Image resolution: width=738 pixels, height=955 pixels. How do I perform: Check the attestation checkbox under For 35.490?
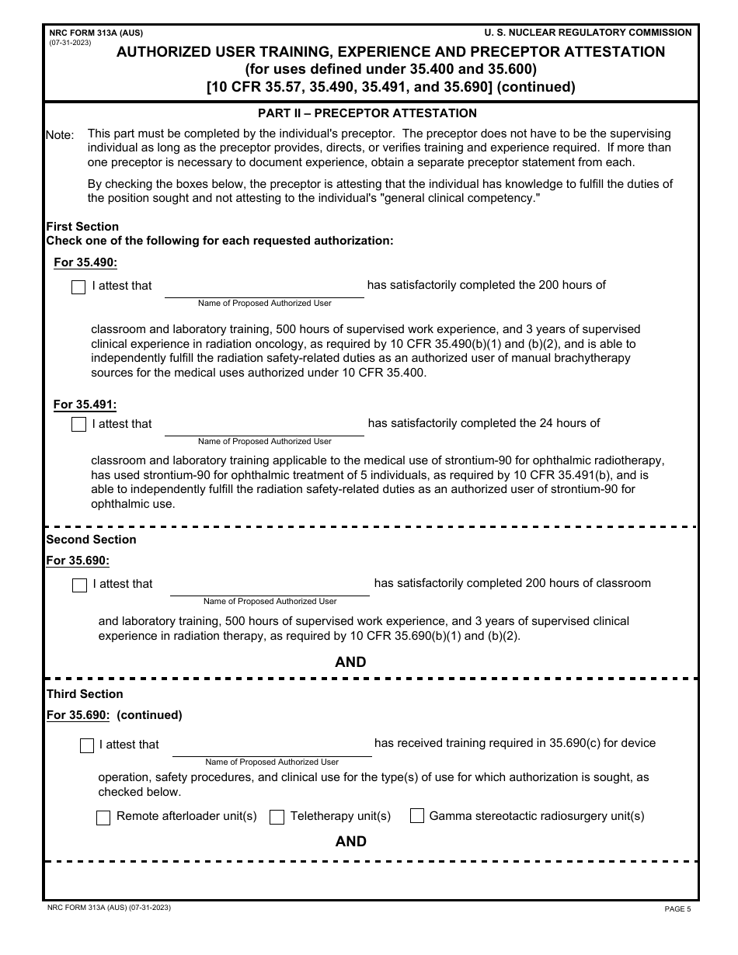[78, 287]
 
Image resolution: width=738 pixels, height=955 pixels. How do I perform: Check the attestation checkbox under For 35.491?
[78, 425]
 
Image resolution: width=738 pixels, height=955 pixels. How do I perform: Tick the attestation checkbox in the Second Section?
[79, 585]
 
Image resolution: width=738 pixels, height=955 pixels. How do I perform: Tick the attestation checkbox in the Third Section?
[87, 745]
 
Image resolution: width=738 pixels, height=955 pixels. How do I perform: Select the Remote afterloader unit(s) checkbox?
[103, 818]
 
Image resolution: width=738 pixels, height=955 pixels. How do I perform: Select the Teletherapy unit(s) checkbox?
[277, 817]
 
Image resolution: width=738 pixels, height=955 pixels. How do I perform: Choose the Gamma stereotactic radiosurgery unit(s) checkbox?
[417, 816]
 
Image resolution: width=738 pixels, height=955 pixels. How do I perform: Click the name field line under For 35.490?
[264, 288]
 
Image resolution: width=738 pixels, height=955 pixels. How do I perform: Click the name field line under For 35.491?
[264, 426]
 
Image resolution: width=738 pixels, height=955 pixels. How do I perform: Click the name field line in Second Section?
[270, 586]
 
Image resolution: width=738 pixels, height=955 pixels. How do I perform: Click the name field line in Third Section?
[272, 746]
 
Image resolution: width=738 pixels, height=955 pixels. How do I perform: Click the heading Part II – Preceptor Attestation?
[367, 113]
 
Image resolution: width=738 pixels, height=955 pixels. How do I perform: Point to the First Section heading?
[82, 227]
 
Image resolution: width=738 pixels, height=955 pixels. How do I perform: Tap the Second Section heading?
[91, 540]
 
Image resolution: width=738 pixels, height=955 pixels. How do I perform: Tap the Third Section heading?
[85, 694]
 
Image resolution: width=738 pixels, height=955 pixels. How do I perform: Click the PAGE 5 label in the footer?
[677, 909]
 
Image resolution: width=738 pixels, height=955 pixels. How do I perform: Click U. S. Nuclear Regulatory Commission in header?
[587, 33]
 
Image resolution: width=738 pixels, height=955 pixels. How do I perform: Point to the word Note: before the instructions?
[60, 135]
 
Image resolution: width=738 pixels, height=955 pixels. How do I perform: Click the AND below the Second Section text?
[350, 662]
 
